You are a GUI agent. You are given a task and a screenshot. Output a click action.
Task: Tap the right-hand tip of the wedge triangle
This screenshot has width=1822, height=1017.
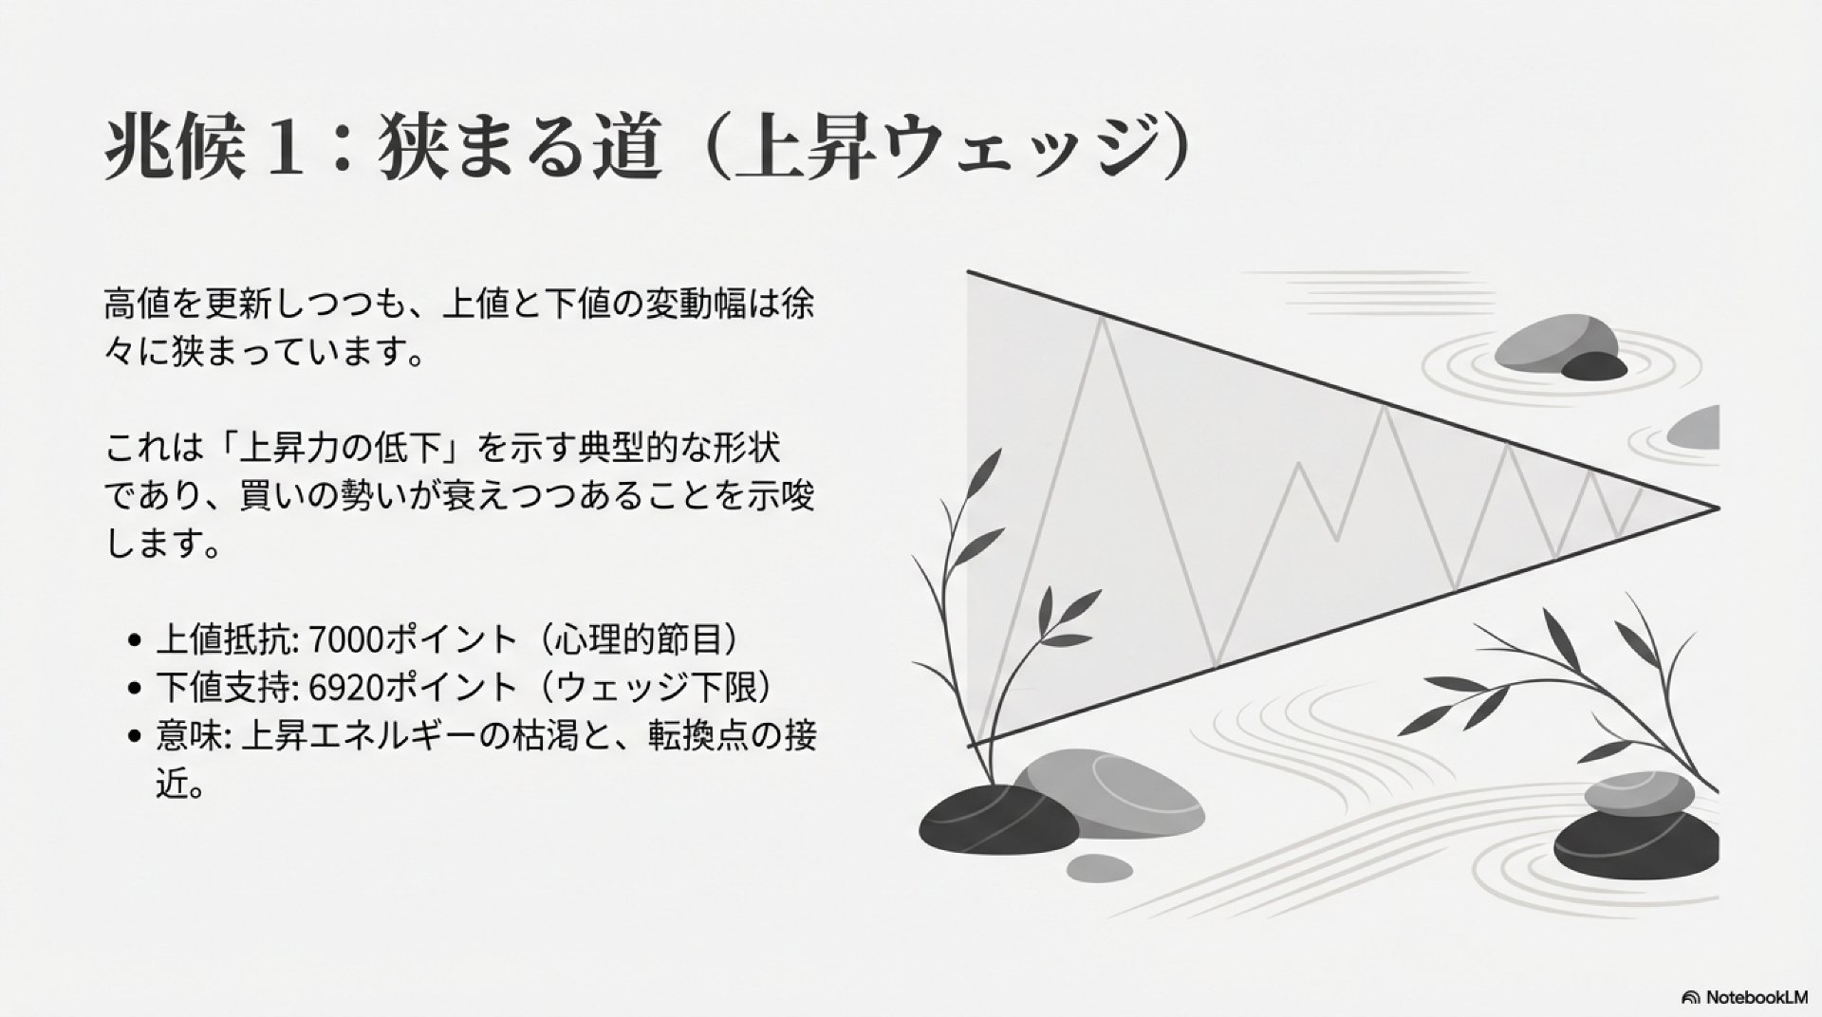[x=1719, y=509]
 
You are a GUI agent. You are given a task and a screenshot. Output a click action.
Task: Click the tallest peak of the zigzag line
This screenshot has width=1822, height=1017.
[x=1103, y=320]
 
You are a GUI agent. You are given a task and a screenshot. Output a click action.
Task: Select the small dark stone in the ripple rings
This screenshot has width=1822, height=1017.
[x=1594, y=366]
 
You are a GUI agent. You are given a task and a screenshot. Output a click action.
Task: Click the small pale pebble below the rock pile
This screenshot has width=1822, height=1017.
[x=1099, y=867]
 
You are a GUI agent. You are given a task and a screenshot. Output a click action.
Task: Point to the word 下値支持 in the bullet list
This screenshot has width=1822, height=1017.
[x=221, y=689]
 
